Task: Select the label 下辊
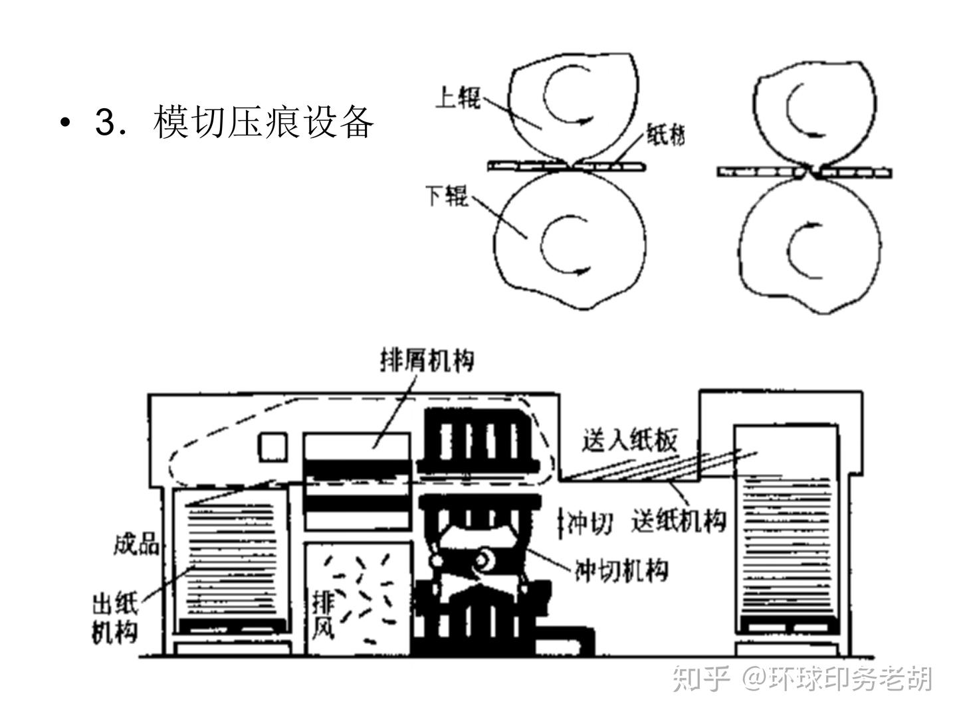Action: pyautogui.click(x=447, y=196)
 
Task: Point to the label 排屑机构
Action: pyautogui.click(x=427, y=360)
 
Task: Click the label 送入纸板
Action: pyautogui.click(x=629, y=440)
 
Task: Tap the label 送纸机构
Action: pyautogui.click(x=679, y=520)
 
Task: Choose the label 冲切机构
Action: pyautogui.click(x=621, y=570)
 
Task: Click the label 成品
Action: pyautogui.click(x=136, y=544)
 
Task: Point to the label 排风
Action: pyautogui.click(x=324, y=615)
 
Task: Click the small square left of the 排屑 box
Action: pyautogui.click(x=272, y=447)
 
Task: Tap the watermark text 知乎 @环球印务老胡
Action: pyautogui.click(x=802, y=678)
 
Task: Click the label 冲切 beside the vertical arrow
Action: pyautogui.click(x=589, y=524)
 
